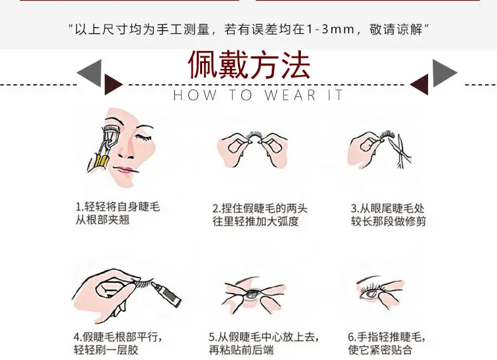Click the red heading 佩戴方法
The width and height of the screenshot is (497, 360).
[249, 66]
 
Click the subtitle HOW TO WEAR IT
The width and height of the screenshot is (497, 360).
[258, 95]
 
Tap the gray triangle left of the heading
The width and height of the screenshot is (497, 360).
[89, 73]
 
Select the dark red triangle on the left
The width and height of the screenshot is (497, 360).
[113, 85]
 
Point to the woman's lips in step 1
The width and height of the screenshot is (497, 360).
[125, 170]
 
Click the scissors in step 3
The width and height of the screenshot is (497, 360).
[401, 150]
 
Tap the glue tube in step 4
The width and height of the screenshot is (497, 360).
[166, 292]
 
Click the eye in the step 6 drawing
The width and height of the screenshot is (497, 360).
[371, 294]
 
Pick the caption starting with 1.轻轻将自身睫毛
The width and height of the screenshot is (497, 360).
[117, 213]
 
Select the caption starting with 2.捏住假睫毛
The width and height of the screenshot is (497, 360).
[260, 215]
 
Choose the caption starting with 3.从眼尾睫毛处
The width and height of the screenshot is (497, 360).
[388, 215]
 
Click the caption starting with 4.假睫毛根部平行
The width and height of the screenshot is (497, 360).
[118, 343]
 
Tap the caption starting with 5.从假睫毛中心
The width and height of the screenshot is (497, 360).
[264, 343]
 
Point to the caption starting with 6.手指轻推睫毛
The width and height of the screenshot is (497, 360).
[386, 343]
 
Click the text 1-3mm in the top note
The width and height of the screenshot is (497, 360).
[330, 29]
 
